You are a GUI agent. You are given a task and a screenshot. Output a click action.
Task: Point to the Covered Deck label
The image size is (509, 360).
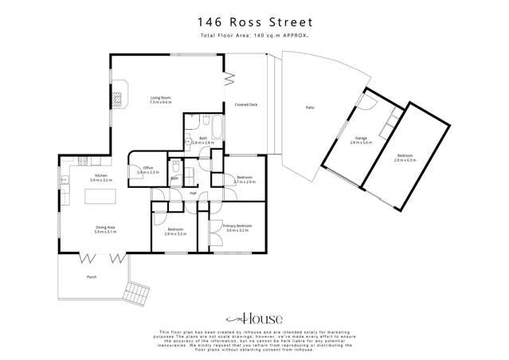coord(245,105)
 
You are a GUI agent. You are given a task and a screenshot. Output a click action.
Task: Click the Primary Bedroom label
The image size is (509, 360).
coord(237,228)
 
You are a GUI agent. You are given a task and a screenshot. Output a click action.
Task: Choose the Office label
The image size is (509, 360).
coord(148,170)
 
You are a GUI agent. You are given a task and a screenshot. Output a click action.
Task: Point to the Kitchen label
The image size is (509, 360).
coord(101,178)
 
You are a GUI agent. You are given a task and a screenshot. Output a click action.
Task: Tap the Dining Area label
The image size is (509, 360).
coord(105,230)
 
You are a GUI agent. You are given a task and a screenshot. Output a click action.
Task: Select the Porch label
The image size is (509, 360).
coord(92,277)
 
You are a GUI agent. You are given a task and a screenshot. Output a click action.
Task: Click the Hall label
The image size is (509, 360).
coord(193,193)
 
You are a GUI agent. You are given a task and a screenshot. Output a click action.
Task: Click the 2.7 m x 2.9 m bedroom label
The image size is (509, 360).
coord(244,179)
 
